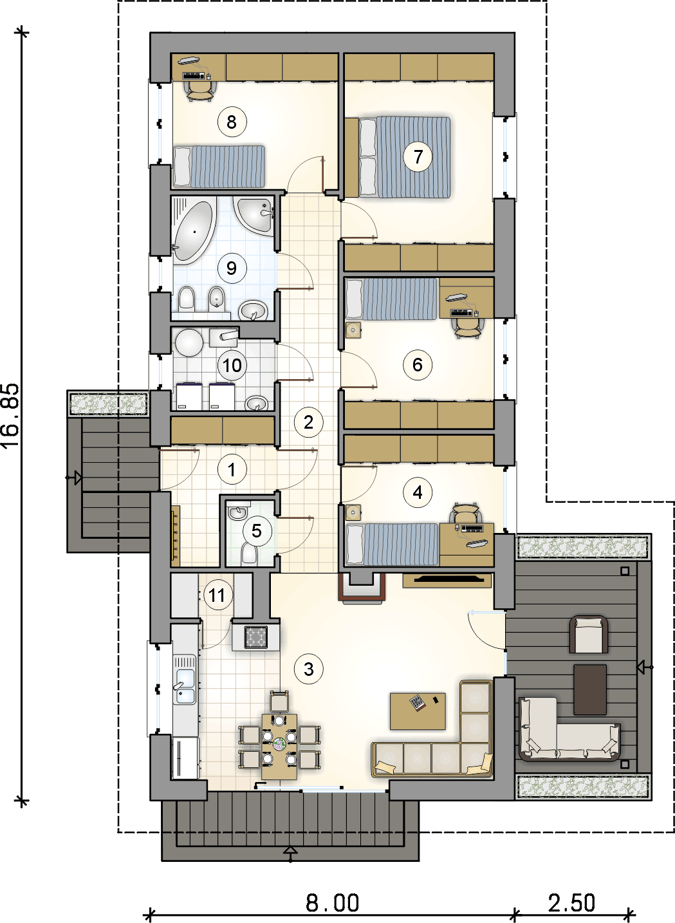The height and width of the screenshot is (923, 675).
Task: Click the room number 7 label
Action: [x=418, y=156]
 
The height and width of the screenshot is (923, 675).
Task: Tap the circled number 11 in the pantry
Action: [x=217, y=595]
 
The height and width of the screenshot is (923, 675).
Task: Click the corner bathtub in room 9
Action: [x=194, y=230]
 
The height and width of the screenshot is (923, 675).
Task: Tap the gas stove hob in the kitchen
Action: [x=255, y=637]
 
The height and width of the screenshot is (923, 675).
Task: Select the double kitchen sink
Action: [x=185, y=687]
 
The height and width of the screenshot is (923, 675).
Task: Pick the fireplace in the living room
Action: [x=362, y=587]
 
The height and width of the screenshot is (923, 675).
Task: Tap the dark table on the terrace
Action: [x=590, y=689]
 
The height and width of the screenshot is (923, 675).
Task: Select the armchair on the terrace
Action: [x=589, y=634]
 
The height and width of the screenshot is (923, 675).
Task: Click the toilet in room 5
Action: [x=248, y=552]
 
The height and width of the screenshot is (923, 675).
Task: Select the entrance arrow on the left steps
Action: [x=74, y=478]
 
